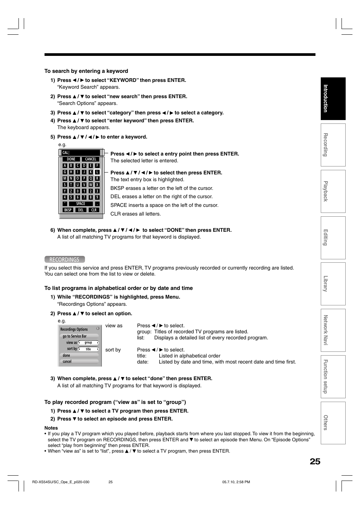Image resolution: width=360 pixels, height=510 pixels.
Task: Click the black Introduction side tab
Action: pyautogui.click(x=333, y=99)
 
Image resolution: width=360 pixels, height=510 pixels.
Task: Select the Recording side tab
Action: pyautogui.click(x=333, y=145)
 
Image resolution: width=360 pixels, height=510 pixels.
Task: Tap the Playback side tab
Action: pyautogui.click(x=333, y=191)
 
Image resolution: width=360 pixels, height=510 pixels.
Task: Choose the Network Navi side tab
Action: pyautogui.click(x=333, y=330)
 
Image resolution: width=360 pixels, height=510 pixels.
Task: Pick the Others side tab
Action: pyautogui.click(x=333, y=423)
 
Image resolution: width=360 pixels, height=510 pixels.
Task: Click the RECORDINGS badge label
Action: pyautogui.click(x=65, y=259)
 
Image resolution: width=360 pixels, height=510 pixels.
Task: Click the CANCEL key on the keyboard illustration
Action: pyautogui.click(x=91, y=159)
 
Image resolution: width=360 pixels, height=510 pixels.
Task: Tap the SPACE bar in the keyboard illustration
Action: pyautogui.click(x=81, y=203)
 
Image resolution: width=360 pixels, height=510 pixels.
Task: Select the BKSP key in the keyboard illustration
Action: pyautogui.click(x=68, y=210)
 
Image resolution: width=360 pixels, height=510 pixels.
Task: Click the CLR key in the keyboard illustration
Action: pyautogui.click(x=94, y=210)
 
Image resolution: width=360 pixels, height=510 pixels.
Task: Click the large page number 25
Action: pyautogui.click(x=315, y=461)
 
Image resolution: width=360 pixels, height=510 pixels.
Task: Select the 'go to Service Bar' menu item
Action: pyautogui.click(x=79, y=336)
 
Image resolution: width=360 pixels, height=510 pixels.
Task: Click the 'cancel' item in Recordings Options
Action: pyautogui.click(x=79, y=361)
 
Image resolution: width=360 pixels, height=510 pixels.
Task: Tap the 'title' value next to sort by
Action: pyautogui.click(x=88, y=349)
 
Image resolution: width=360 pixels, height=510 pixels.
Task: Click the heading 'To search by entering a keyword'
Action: pyautogui.click(x=86, y=71)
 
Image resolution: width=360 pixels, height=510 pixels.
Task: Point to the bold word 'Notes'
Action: pyautogui.click(x=51, y=428)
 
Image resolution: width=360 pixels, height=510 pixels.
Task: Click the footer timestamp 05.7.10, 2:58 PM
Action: pyautogui.click(x=236, y=482)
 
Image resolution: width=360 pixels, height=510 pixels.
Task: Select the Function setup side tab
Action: pyautogui.click(x=333, y=376)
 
